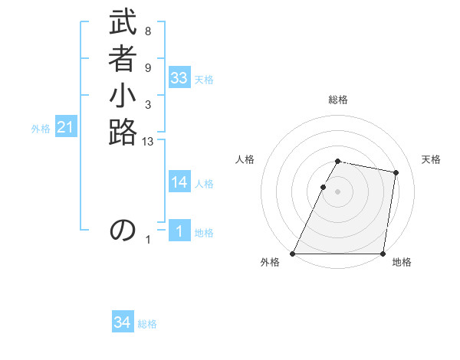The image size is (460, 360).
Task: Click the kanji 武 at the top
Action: (x=123, y=23)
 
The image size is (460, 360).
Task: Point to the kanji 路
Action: (x=123, y=133)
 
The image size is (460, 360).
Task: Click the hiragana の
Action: (x=123, y=230)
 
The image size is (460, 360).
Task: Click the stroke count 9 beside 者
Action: (x=148, y=67)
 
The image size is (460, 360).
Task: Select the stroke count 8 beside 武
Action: (x=148, y=31)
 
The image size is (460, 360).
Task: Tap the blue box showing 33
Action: (x=179, y=78)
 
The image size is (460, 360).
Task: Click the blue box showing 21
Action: (x=65, y=128)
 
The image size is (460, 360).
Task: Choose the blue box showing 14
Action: (x=179, y=182)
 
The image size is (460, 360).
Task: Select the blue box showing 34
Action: (x=123, y=322)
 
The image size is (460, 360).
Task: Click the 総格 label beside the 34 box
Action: (x=147, y=324)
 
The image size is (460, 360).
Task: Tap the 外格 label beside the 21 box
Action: (x=41, y=129)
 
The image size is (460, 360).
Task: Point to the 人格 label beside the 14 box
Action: (x=204, y=184)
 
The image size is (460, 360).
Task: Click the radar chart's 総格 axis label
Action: (x=338, y=100)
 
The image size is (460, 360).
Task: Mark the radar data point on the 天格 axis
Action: (x=396, y=173)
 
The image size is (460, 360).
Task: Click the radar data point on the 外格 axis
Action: (x=293, y=254)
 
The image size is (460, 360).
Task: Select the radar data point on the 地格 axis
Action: (x=383, y=254)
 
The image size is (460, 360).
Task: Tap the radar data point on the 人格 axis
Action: (x=324, y=187)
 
